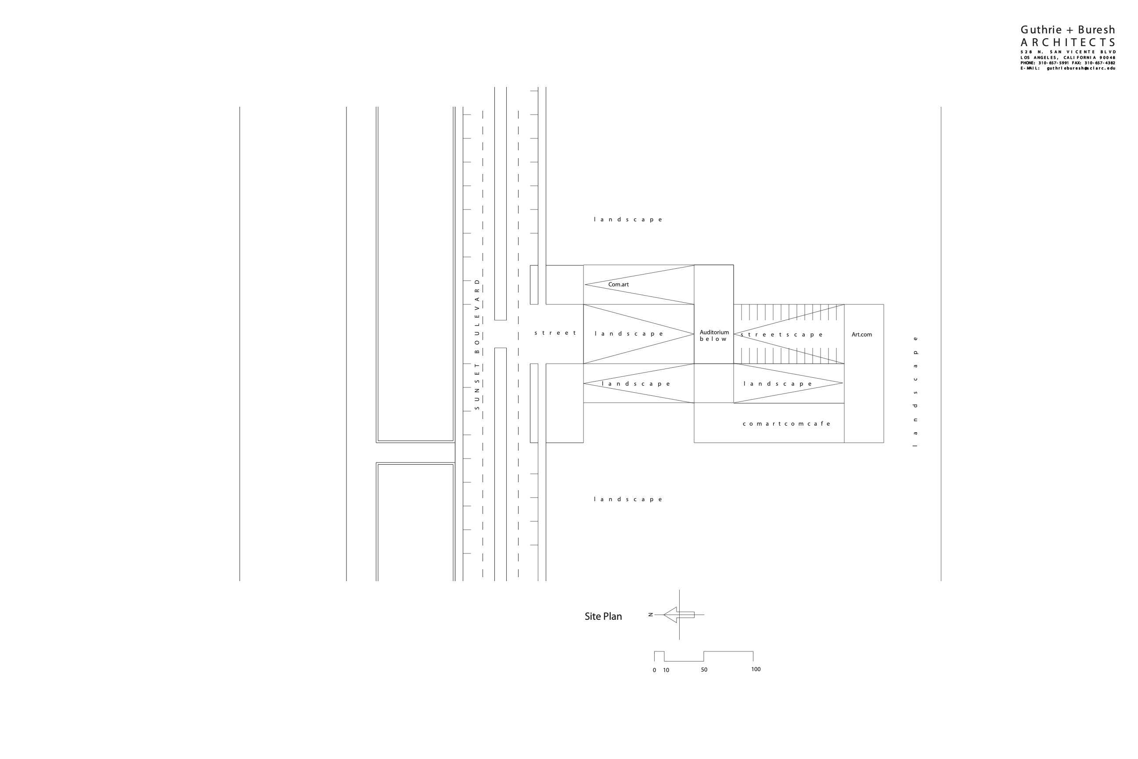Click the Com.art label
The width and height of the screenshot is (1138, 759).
click(618, 285)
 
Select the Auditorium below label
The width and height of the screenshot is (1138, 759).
click(714, 336)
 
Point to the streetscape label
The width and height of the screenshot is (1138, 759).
click(781, 335)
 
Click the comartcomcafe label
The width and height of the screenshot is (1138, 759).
click(786, 423)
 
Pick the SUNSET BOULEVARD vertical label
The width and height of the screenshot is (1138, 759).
click(477, 344)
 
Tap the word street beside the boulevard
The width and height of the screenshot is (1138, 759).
click(555, 333)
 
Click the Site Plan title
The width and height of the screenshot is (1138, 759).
click(603, 616)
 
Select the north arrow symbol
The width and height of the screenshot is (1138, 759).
click(678, 615)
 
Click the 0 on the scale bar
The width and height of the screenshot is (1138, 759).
click(654, 670)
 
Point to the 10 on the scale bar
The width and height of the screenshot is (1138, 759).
click(666, 670)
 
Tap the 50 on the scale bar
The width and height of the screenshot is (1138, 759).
click(704, 670)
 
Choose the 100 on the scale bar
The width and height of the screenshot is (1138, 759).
click(756, 669)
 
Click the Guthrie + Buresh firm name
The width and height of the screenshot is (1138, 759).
click(1067, 30)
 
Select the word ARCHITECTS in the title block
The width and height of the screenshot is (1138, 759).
click(1067, 43)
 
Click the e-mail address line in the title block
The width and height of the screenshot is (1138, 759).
click(1067, 68)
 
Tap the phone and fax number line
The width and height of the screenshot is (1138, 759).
click(1067, 63)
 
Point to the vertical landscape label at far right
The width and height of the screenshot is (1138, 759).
click(915, 391)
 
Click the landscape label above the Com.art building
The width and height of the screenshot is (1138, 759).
click(628, 220)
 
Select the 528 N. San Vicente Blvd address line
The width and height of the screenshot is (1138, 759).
click(1067, 52)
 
